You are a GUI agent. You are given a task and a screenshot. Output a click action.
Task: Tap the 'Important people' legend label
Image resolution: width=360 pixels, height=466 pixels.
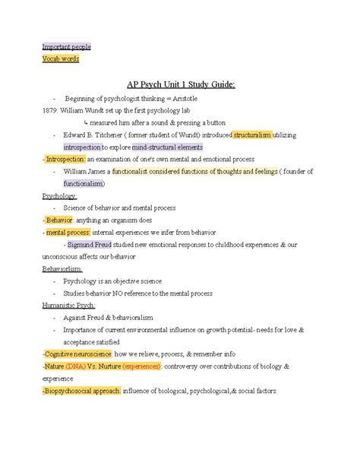[66, 46]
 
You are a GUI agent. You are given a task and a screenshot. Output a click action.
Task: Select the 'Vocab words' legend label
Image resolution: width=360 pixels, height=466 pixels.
[60, 59]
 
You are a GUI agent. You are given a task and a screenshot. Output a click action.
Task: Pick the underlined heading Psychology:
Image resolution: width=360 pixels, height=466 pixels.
[59, 195]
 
